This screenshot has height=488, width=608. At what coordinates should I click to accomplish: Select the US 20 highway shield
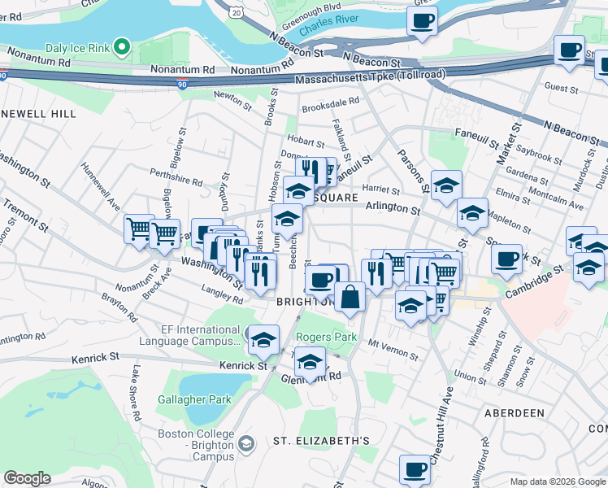[235, 10]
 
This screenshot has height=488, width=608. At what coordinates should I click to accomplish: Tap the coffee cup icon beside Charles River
[422, 21]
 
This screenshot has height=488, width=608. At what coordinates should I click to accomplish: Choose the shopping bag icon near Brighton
[350, 297]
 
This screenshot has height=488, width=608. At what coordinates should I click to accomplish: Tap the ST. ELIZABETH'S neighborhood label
[321, 441]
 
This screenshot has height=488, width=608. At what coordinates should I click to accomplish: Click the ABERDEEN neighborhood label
[514, 413]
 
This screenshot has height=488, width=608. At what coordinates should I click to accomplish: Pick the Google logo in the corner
[27, 478]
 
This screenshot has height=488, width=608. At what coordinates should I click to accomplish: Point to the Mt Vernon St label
[393, 349]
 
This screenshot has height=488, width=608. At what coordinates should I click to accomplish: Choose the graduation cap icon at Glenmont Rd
[310, 362]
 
